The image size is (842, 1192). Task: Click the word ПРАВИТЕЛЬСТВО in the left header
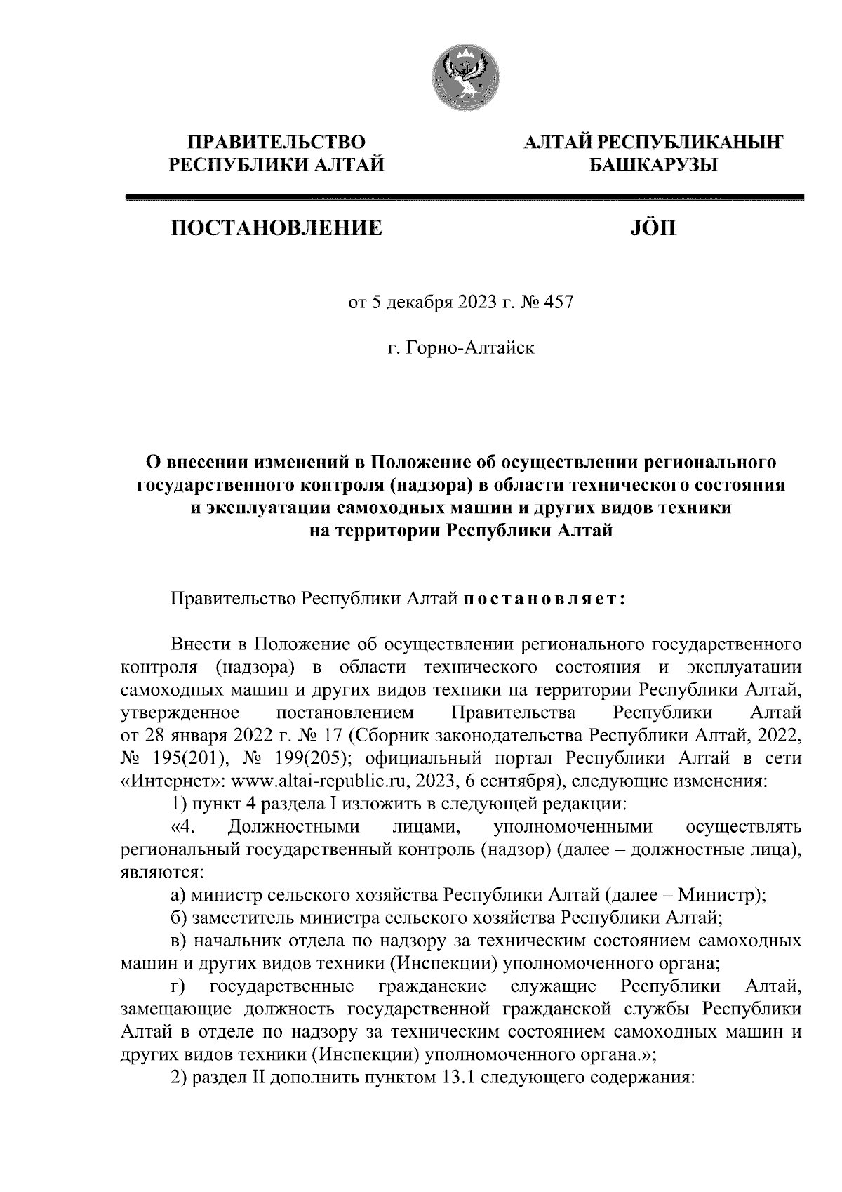[275, 143]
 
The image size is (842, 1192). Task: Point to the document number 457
[559, 303]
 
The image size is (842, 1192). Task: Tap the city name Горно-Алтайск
[473, 347]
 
